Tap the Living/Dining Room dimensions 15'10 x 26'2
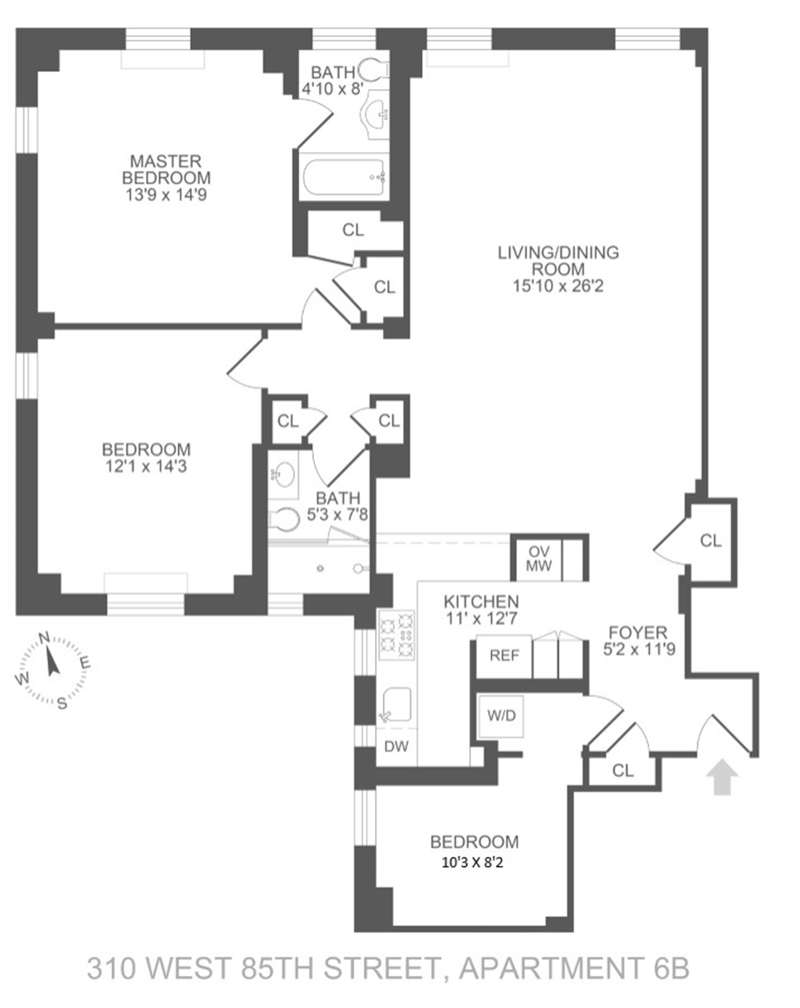[558, 286]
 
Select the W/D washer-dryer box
[501, 715]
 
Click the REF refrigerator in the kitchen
[504, 655]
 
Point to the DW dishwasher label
[396, 747]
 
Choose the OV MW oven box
[538, 558]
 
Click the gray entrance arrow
[722, 777]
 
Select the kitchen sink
[397, 704]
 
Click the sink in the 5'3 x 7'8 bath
[283, 475]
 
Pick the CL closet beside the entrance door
[622, 770]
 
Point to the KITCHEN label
[481, 601]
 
